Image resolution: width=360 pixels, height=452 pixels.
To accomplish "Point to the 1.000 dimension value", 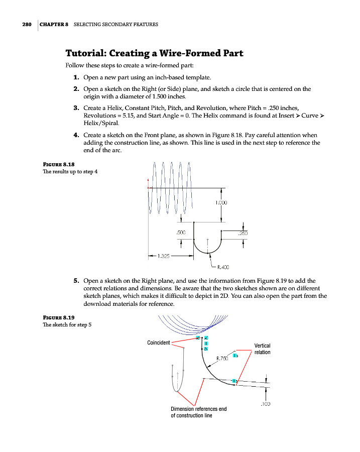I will coord(221,203).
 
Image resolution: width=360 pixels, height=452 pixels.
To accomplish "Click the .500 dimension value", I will coord(181,233).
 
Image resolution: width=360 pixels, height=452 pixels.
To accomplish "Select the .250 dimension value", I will coord(243,233).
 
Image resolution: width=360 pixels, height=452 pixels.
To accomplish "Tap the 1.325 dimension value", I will coord(163,256).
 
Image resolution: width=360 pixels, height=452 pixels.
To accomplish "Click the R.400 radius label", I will coord(223,267).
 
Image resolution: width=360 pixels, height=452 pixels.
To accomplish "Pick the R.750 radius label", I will coord(222,359).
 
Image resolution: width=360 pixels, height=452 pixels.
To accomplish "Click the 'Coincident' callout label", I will coord(158,343).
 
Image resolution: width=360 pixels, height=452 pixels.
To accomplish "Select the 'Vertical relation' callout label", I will coord(262,349).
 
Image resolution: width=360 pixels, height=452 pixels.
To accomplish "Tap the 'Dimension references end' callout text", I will coord(199,409).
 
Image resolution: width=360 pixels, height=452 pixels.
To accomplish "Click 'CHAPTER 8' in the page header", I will coord(54,24).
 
